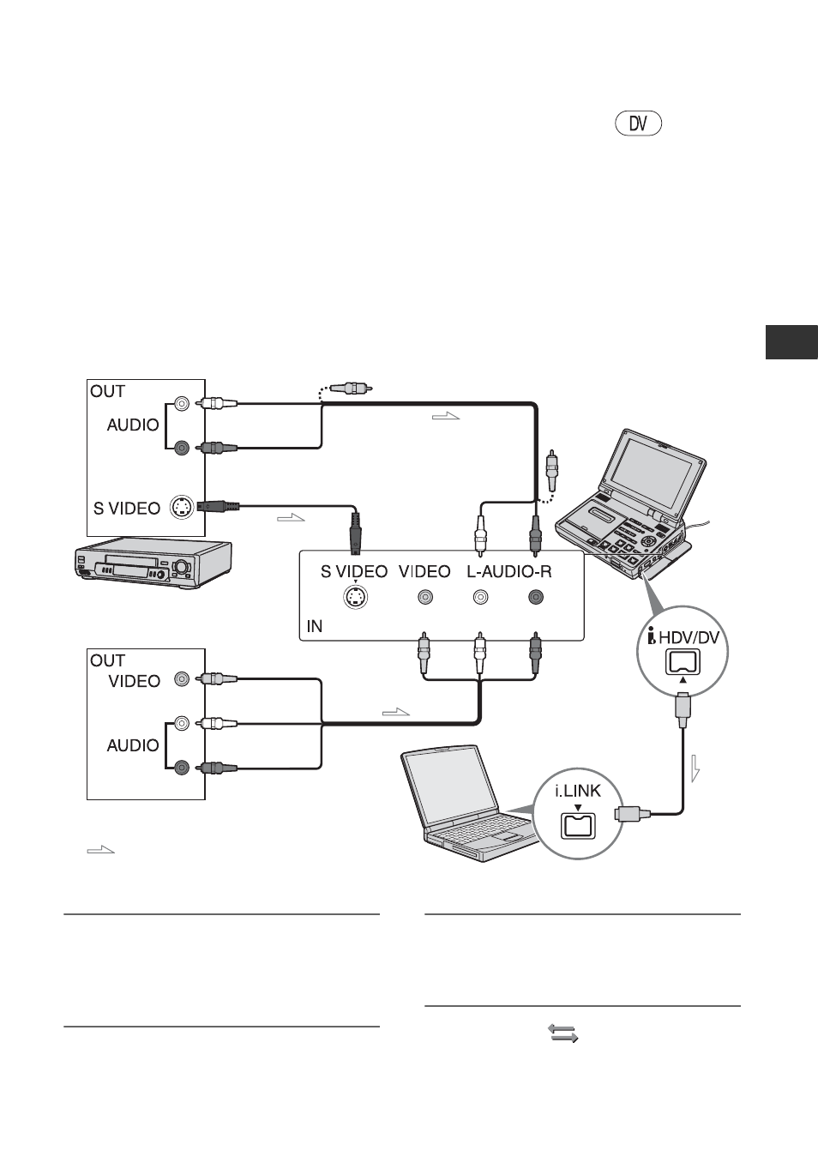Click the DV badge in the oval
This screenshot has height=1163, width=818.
pos(638,124)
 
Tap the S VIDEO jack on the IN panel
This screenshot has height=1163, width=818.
pos(356,597)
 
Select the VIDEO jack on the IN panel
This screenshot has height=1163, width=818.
pos(425,597)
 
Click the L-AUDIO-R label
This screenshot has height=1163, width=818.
pos(508,571)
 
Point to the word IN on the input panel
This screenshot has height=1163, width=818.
pos(315,626)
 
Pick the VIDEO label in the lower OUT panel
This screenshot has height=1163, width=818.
pos(134,681)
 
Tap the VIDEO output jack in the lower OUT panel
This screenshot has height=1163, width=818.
pos(181,678)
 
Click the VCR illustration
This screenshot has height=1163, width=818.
pos(153,564)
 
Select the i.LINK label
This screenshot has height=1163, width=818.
pos(578,790)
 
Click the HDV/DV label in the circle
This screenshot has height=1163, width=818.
pos(689,637)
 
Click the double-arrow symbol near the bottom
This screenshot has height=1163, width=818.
pos(563,1033)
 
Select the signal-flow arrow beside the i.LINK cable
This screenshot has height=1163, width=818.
pos(695,769)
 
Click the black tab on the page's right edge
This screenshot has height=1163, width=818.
pos(791,342)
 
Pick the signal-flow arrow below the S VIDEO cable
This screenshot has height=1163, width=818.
pos(291,517)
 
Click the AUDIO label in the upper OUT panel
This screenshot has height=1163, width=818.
pos(133,425)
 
